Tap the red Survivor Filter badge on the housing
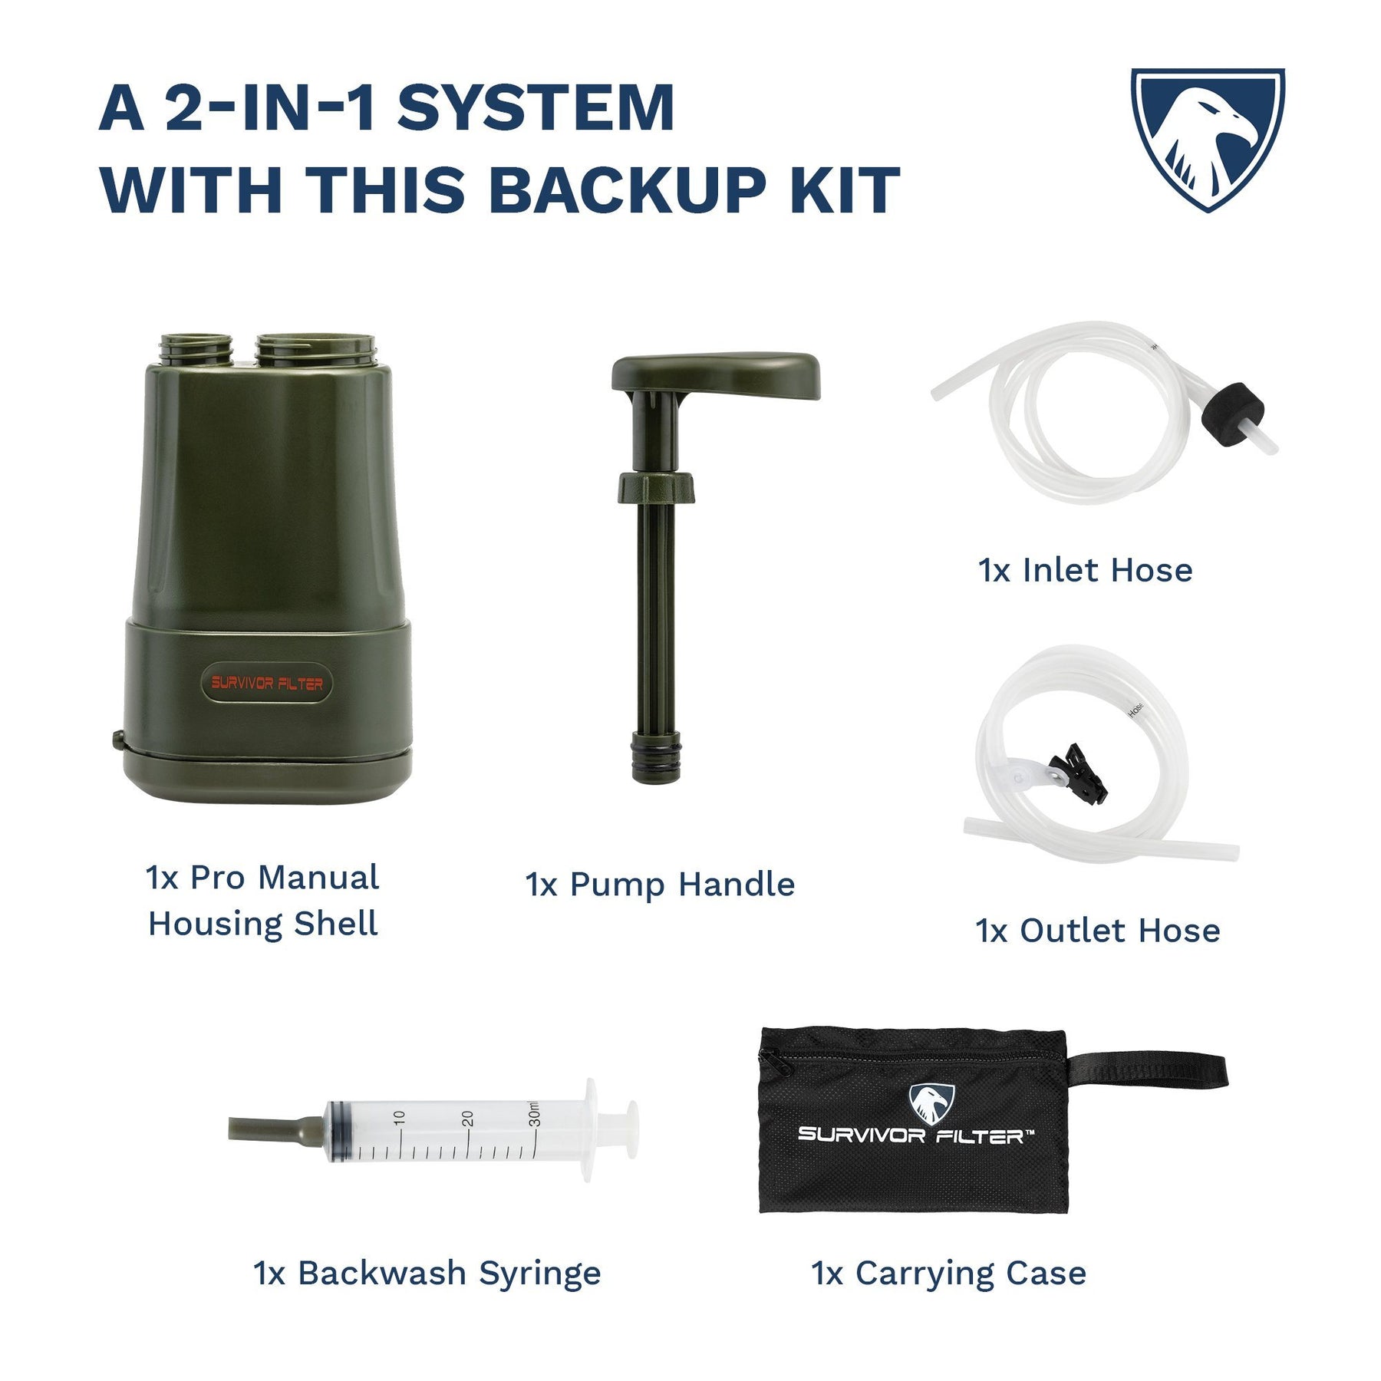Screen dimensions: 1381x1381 pos(267,683)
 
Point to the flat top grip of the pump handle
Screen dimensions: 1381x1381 pos(716,374)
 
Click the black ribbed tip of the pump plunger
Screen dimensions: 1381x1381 pos(655,756)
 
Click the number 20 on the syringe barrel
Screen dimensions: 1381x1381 pos(467,1118)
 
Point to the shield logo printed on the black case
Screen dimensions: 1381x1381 pos(931,1104)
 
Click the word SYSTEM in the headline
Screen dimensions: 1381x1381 pos(536,108)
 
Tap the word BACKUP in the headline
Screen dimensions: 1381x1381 pos(627,190)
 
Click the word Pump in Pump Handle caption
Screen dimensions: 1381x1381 pos(618,885)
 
